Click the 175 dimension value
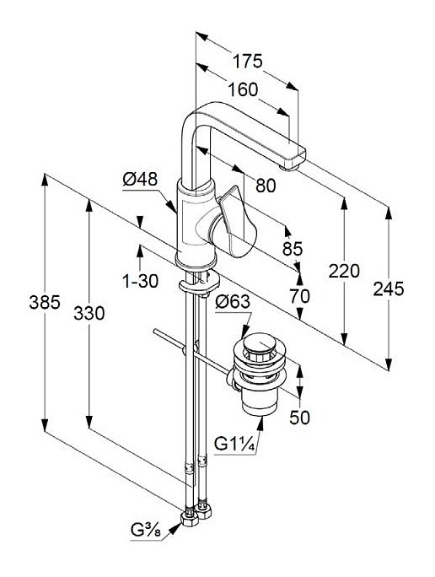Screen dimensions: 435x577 [248, 61]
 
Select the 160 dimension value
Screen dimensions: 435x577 [243, 89]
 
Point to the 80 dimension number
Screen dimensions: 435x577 [266, 186]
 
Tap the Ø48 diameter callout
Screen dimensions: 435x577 [140, 180]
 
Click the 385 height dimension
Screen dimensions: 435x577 [45, 303]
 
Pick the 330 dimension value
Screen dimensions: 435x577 [89, 313]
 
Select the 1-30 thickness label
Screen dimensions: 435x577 [140, 282]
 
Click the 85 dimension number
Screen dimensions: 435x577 [293, 249]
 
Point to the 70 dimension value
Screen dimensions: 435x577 [299, 296]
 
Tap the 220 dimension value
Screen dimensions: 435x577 [344, 271]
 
